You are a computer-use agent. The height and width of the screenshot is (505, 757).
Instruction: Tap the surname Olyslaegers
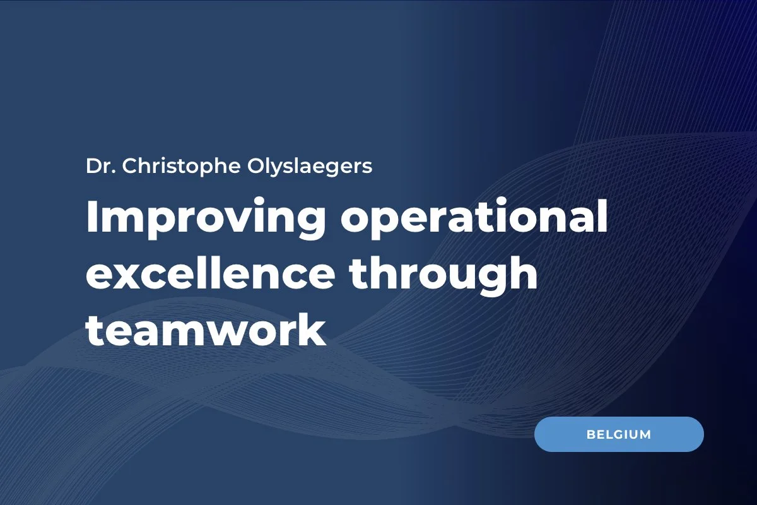303,168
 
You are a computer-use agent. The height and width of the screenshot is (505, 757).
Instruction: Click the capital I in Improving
92,218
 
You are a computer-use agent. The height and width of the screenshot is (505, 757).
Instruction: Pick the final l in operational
602,217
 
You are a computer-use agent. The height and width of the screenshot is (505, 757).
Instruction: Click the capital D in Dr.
93,167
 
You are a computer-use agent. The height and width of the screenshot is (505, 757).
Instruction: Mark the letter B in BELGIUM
590,435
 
